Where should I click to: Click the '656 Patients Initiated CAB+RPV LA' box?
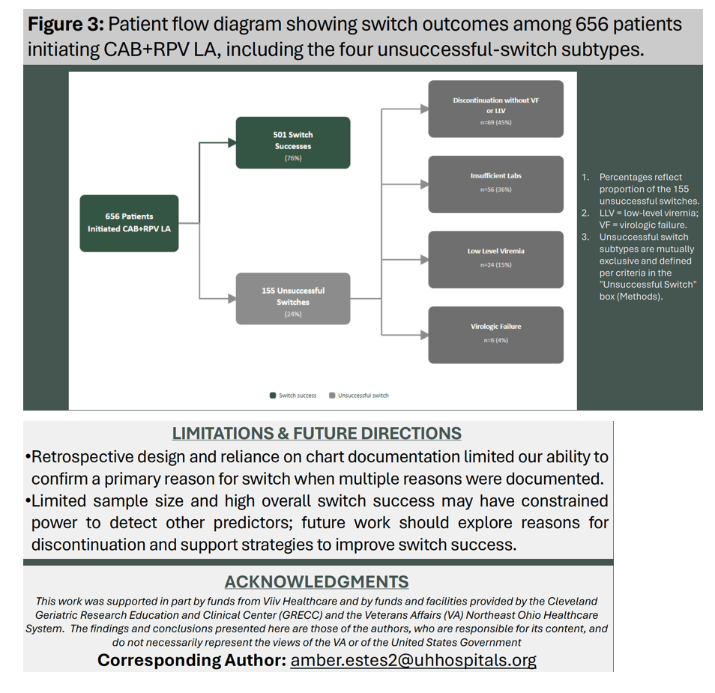coord(129,223)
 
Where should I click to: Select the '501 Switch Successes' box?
coord(293,142)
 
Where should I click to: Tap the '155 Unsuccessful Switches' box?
coord(293,299)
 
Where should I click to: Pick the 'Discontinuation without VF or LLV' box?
coord(495,109)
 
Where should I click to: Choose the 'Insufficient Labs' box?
coord(495,184)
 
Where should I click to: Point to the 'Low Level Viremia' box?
coord(495,259)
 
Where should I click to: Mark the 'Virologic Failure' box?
coord(495,335)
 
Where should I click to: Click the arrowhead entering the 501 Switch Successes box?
coord(232,142)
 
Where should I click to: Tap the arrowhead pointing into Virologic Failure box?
coord(424,335)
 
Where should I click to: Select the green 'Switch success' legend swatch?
coord(273,396)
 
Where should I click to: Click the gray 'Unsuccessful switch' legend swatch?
coord(332,396)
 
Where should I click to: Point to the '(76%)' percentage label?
coord(293,158)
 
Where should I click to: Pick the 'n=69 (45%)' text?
coord(495,122)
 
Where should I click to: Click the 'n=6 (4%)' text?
coord(495,340)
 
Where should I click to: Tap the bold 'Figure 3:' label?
coord(66,24)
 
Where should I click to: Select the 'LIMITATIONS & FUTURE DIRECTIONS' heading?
coord(316,433)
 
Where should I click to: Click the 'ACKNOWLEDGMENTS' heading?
coord(316,582)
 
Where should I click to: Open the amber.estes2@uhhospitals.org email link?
coord(413,660)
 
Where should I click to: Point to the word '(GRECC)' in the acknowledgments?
coord(301,615)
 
